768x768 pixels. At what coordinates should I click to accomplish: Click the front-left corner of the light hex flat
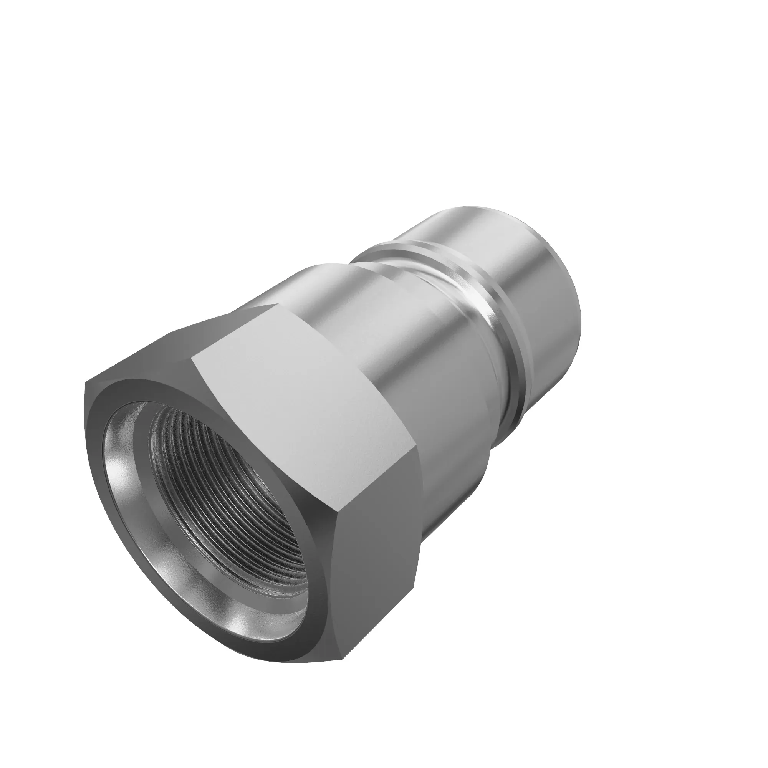pyautogui.click(x=192, y=358)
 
